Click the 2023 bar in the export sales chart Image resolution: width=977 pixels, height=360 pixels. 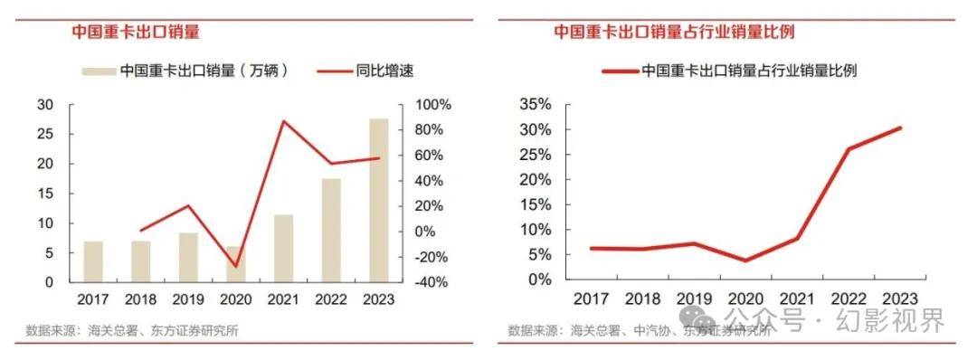click(378, 200)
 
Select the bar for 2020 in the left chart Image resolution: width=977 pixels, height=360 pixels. click(235, 264)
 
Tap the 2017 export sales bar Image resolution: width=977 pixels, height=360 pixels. click(93, 261)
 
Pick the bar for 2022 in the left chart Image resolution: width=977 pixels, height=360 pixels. click(331, 230)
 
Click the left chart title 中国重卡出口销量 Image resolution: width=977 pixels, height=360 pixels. click(136, 32)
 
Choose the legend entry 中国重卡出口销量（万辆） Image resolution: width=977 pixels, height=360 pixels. click(204, 71)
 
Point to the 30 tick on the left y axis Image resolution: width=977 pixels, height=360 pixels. click(44, 105)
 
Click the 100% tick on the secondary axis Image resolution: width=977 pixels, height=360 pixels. click(432, 105)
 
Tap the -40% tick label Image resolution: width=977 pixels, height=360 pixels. click(432, 282)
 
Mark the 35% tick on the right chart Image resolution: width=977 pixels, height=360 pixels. click(535, 105)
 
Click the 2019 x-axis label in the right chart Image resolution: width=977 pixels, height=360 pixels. click(689, 298)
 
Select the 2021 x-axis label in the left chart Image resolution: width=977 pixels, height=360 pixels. click(283, 298)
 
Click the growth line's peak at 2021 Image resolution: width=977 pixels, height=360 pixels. click(284, 121)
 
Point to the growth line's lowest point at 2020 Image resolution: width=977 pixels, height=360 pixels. click(236, 267)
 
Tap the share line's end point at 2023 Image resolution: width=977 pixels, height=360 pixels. click(900, 128)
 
